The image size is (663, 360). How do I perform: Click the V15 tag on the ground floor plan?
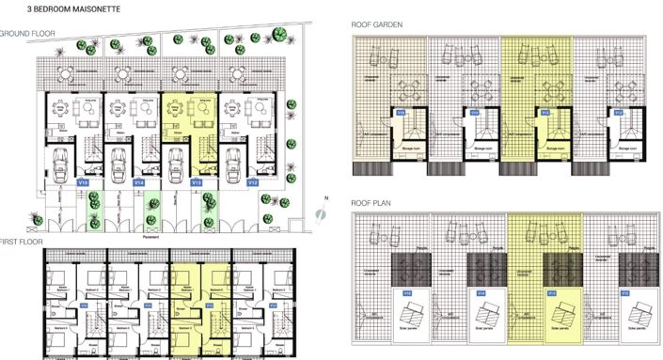point(83,182)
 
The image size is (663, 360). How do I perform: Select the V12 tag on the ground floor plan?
point(253,182)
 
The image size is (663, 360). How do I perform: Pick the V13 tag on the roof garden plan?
point(542,113)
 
